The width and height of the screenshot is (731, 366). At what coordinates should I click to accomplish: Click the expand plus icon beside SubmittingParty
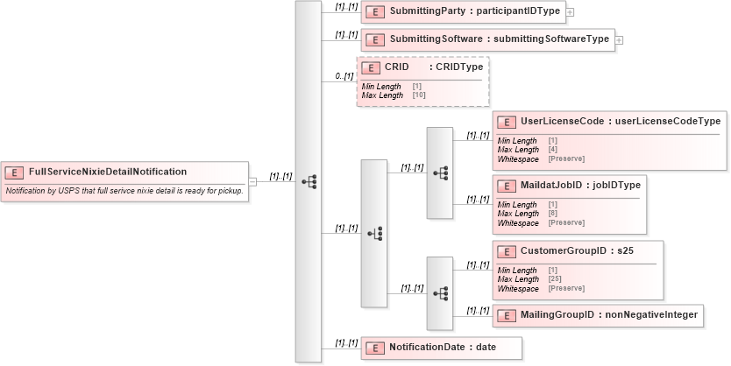tap(570, 13)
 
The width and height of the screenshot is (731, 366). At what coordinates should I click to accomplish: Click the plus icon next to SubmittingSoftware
tap(619, 40)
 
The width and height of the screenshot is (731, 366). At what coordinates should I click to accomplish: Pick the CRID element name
tap(397, 67)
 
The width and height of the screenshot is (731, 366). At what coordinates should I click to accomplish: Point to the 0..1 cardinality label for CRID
tap(344, 77)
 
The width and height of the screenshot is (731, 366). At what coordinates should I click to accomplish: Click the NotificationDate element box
tap(442, 348)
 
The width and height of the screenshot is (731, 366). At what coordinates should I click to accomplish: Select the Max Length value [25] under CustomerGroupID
tap(556, 279)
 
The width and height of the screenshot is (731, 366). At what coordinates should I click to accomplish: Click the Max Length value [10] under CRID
tap(419, 95)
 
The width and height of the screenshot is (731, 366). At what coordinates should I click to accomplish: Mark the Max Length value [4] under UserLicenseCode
tap(553, 149)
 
